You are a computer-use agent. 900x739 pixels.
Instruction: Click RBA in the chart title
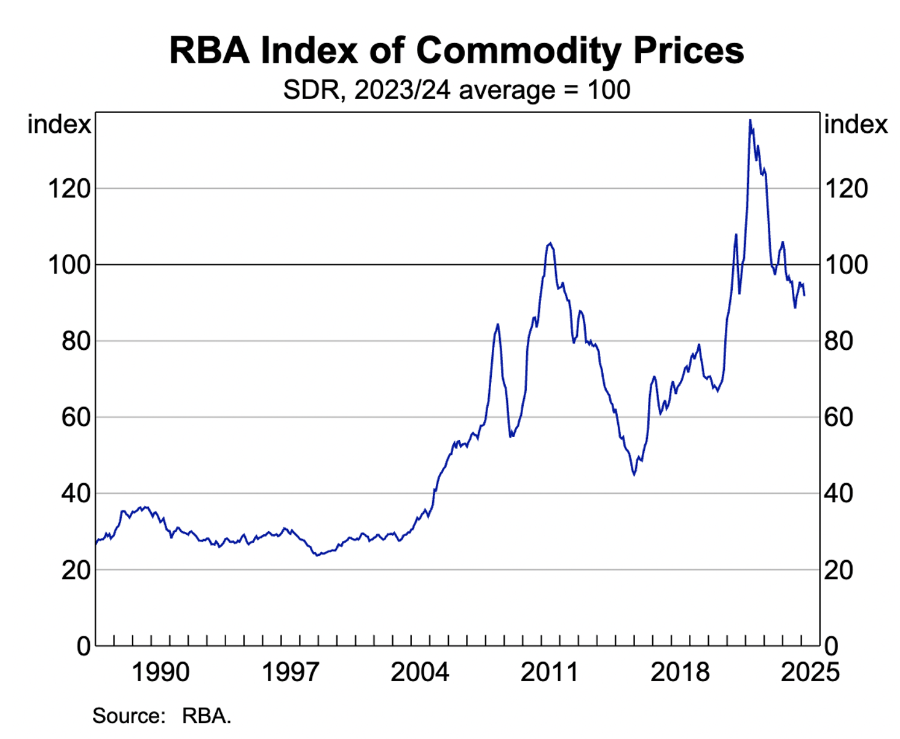coord(209,50)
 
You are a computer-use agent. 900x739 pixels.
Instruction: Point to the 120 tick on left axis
coord(69,188)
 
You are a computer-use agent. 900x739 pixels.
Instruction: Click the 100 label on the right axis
coord(846,264)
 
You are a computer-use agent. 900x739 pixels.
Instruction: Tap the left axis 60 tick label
coord(76,417)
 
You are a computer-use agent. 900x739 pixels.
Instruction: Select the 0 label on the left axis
coord(84,646)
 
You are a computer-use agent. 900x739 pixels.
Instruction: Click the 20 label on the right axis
coord(839,570)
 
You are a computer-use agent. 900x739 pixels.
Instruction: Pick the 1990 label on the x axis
coord(160,672)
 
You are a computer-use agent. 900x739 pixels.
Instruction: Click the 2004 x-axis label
coord(420,672)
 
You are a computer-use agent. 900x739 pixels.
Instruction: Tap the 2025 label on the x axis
coord(810,672)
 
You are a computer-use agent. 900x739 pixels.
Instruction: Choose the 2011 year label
coord(550,672)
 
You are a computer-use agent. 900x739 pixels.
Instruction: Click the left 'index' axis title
coord(59,124)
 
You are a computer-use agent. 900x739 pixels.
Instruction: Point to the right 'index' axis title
coord(856,124)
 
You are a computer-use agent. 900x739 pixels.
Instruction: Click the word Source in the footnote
coord(128,716)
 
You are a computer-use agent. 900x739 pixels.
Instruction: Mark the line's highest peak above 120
coord(750,120)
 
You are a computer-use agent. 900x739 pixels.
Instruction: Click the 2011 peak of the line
coord(550,243)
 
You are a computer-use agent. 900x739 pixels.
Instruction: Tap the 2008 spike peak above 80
coord(497,324)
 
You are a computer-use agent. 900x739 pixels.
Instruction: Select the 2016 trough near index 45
coord(634,475)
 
